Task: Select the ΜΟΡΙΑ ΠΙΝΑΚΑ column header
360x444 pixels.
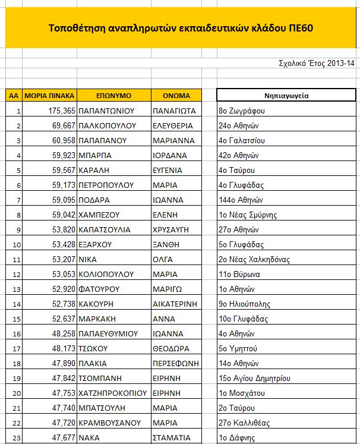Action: pos(50,95)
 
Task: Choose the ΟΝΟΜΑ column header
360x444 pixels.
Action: pos(176,95)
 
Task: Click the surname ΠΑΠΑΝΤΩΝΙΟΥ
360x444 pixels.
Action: pos(108,111)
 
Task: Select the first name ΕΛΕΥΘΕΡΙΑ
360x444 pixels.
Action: pos(173,125)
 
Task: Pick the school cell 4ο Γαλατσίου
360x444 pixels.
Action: pos(242,140)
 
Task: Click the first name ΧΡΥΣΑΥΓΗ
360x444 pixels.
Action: pos(171,229)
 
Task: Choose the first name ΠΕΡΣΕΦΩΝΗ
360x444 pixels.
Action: pos(176,363)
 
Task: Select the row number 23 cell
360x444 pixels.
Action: pos(14,437)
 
